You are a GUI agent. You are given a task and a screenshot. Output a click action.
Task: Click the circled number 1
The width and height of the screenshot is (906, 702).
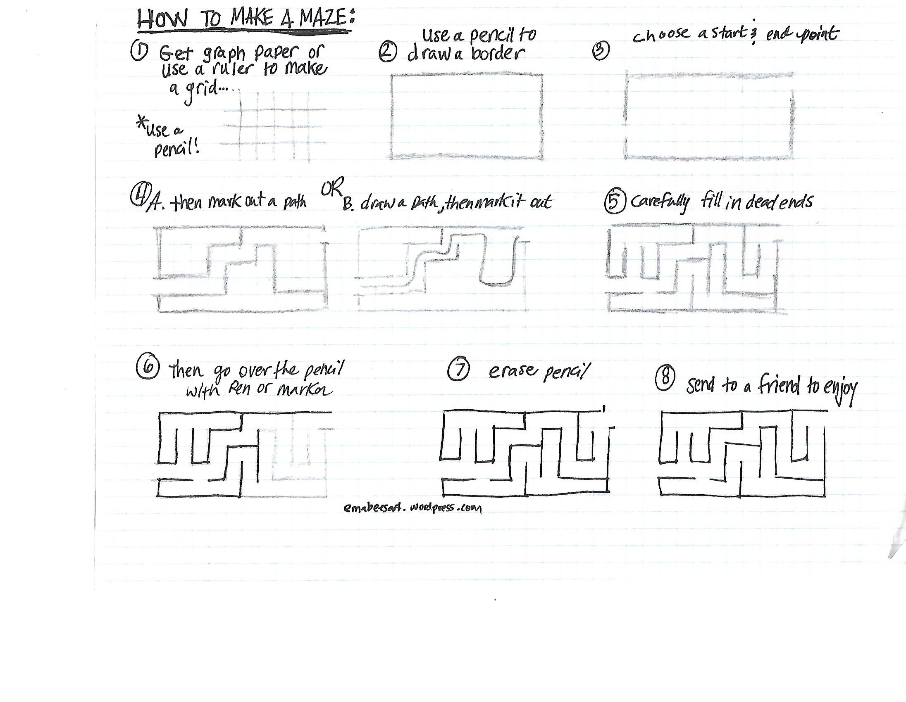click(x=139, y=52)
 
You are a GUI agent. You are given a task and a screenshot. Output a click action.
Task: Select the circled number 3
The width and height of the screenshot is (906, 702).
click(x=601, y=51)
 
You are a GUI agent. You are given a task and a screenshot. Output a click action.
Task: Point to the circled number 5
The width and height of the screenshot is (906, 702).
click(x=615, y=203)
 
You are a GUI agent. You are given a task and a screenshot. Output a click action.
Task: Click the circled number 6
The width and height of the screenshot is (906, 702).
click(x=148, y=368)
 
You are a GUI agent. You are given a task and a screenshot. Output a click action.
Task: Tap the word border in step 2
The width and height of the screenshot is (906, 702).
click(x=497, y=53)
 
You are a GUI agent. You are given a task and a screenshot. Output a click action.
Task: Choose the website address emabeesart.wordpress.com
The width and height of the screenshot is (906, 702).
click(x=413, y=508)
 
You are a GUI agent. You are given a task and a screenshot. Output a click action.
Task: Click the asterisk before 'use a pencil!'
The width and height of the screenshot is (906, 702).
click(x=142, y=122)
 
